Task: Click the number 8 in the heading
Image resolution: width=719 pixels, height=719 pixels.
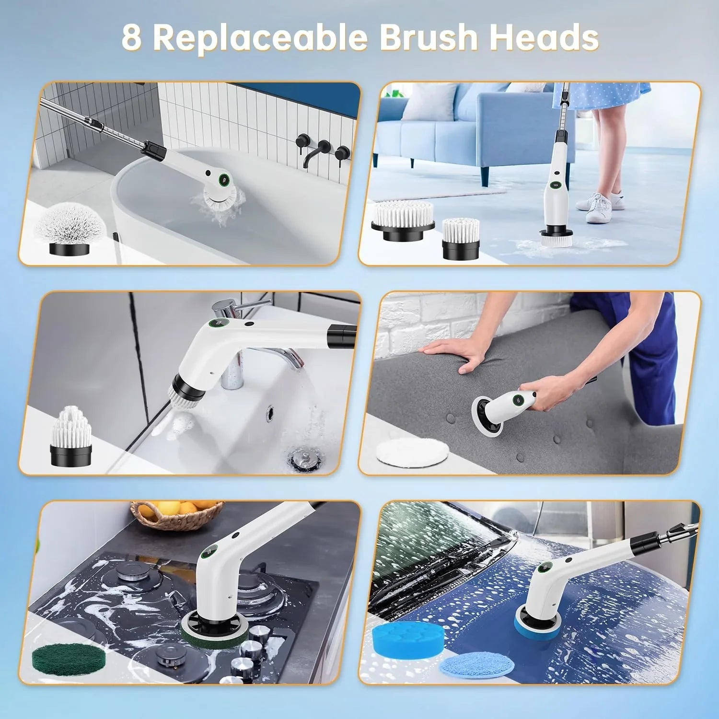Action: [132, 37]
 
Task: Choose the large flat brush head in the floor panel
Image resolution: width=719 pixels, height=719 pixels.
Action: [403, 221]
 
